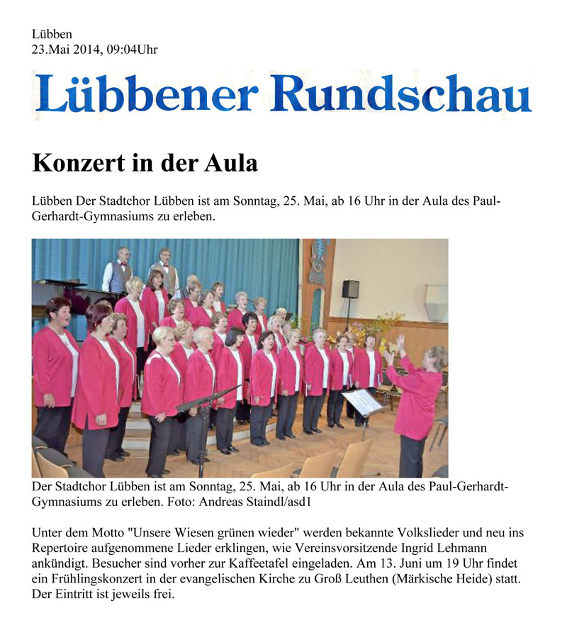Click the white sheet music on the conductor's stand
click(x=361, y=402)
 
